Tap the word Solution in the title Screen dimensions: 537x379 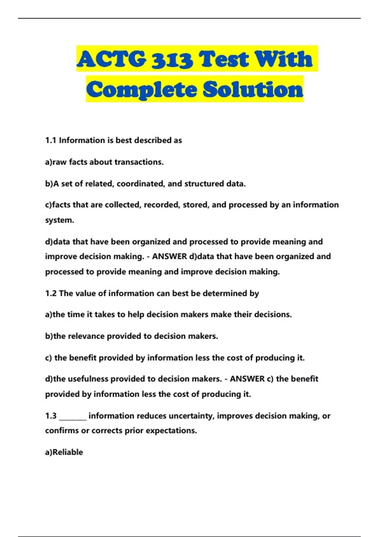click(x=253, y=89)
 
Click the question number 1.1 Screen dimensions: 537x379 click(x=51, y=140)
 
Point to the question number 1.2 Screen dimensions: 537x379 click(x=51, y=293)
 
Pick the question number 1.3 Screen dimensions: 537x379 click(x=51, y=416)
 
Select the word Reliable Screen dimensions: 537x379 click(x=68, y=452)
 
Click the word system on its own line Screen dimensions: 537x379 click(x=59, y=220)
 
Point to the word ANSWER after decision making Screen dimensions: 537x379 click(x=170, y=256)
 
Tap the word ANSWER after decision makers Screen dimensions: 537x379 click(x=247, y=379)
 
